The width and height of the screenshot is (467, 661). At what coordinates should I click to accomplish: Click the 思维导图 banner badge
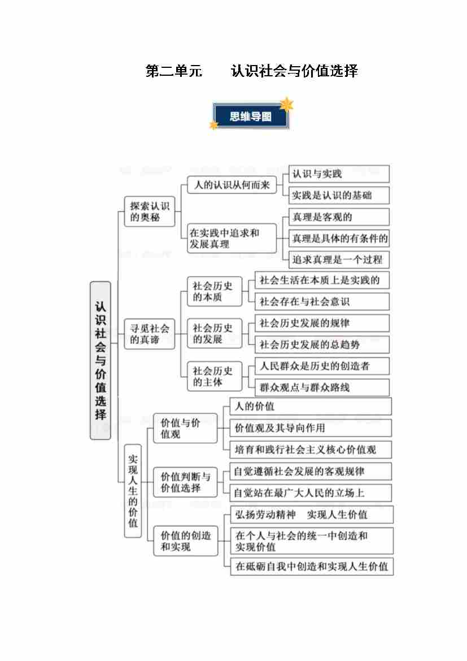coord(251,116)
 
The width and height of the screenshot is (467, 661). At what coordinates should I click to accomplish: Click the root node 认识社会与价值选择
coord(100,360)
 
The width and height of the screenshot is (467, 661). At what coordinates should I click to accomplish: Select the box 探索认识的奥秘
coord(150,211)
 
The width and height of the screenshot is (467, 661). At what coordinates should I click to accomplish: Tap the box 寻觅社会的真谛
coord(150,334)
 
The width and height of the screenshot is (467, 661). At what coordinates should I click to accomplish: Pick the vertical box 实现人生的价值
coord(133,491)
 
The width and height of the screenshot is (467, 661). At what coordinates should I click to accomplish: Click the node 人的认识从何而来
coord(232,185)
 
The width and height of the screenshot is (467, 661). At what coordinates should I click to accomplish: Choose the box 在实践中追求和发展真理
coord(232,238)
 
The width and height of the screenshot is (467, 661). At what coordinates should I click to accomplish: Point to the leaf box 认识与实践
coord(339,174)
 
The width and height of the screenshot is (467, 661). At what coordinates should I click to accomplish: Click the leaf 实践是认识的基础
coord(339,195)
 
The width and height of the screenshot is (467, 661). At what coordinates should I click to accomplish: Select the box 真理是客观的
coord(339,217)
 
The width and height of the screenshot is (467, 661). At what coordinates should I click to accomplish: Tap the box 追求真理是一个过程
coord(339,260)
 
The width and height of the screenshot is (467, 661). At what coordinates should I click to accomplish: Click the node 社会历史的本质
coord(215,291)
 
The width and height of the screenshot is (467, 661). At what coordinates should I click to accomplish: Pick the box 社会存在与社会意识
coord(322,301)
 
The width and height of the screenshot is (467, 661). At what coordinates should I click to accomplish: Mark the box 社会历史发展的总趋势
coord(322,344)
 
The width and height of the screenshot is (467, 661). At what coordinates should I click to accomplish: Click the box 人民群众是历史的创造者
coord(322,366)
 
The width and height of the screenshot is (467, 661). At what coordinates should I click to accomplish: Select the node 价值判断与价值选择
coord(185,482)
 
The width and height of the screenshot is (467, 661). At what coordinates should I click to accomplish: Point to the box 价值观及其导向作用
coord(311,428)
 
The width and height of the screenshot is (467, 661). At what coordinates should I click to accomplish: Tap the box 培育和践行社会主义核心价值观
coord(311,450)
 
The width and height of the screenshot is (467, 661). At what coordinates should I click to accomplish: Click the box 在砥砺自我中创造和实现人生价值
coord(312,566)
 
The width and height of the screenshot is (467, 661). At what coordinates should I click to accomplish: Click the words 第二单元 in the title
coord(174,71)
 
